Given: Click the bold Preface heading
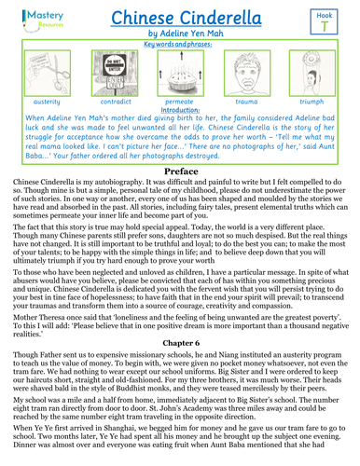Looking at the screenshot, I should tap(179, 199).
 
